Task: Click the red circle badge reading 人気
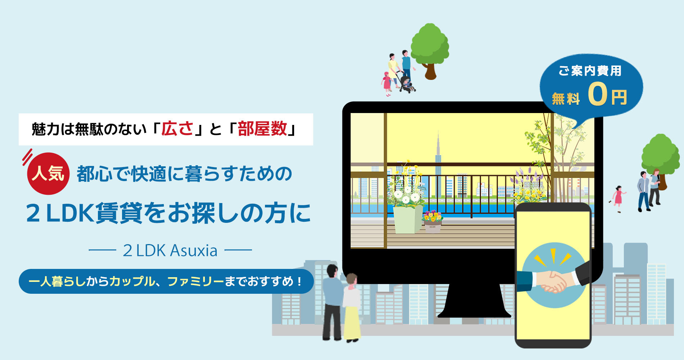click(x=48, y=174)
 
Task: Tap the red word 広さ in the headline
click(x=177, y=129)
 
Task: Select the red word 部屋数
click(x=262, y=129)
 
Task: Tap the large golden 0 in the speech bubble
click(x=597, y=94)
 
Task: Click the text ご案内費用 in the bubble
click(x=590, y=71)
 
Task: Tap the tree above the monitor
click(x=430, y=51)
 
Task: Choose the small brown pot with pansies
click(x=432, y=222)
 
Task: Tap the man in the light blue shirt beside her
click(x=332, y=302)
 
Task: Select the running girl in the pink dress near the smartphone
click(x=618, y=199)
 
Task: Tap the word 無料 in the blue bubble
click(x=566, y=98)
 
